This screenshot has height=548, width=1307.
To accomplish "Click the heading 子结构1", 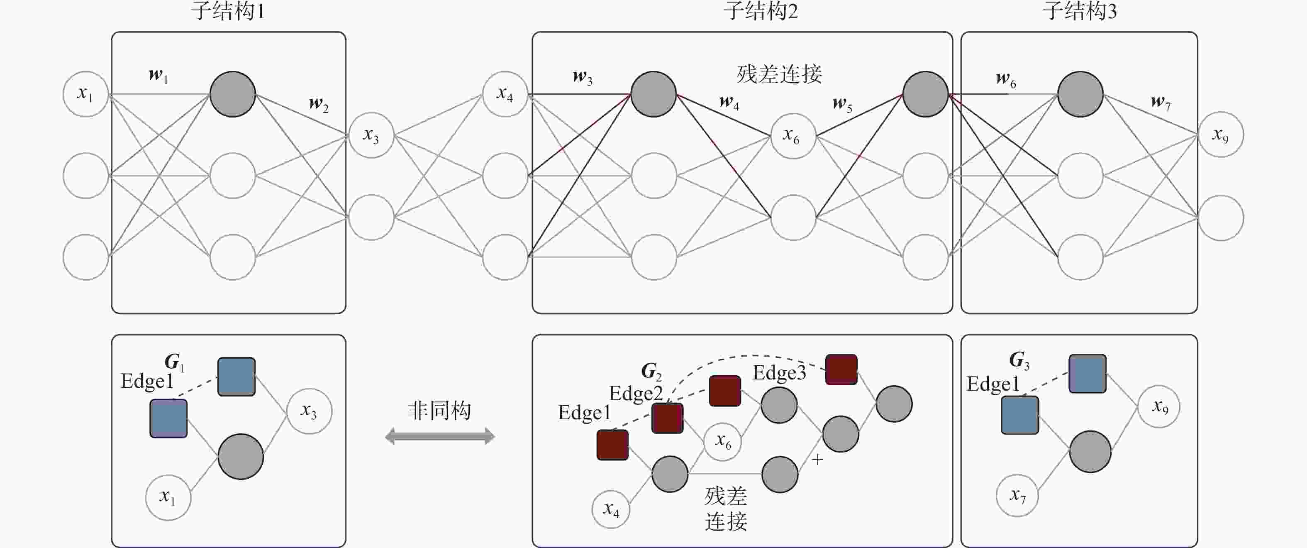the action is pos(228,11).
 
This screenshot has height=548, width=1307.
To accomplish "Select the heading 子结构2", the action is pos(761,11).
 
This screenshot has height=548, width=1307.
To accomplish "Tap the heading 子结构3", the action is pos(1080,11).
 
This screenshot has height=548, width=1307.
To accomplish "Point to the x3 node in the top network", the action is pos(371,135).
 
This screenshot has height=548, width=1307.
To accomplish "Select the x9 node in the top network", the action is pos(1220,135).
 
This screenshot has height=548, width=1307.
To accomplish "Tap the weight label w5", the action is pos(842,104).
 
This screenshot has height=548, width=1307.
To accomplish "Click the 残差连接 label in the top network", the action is pos(779,74).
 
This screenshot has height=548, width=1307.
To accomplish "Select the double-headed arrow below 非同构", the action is pos(440,436).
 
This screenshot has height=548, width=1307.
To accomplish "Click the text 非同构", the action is pos(439,410).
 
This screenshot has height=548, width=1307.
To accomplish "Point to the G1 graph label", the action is pos(174,362).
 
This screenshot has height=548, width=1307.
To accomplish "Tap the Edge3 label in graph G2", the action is pos(779,373).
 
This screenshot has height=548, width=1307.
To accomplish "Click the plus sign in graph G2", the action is pos(817,460).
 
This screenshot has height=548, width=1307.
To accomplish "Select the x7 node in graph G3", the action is pos(1017,495).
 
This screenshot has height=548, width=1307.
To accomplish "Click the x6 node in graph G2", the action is pos(722,442).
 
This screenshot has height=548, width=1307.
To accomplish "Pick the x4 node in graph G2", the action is pos(611,509).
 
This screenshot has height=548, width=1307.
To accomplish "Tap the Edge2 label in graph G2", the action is pos(636,394).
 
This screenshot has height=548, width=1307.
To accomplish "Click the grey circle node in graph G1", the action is pos(241,457).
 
